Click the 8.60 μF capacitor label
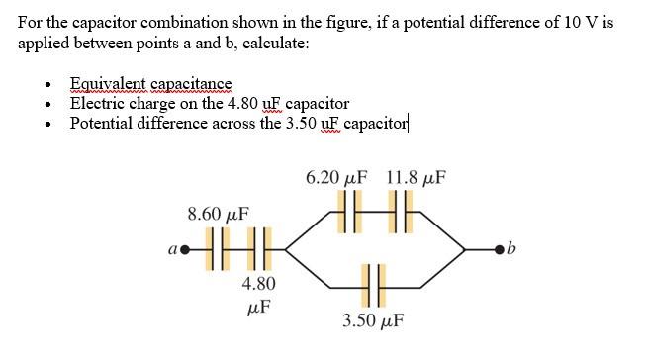click(x=218, y=213)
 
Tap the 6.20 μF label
click(x=336, y=178)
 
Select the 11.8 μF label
click(x=416, y=178)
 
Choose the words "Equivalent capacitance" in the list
click(x=150, y=85)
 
